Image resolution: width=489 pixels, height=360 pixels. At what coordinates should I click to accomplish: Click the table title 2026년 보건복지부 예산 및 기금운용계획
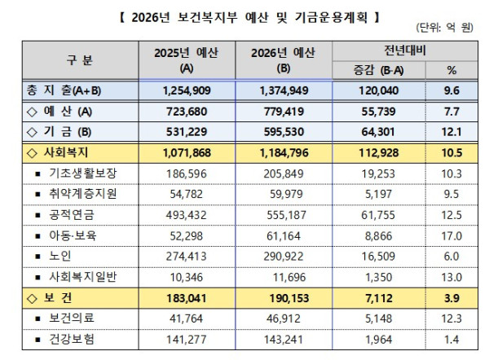244,15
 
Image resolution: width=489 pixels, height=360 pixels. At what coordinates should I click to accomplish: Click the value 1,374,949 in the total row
284,90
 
